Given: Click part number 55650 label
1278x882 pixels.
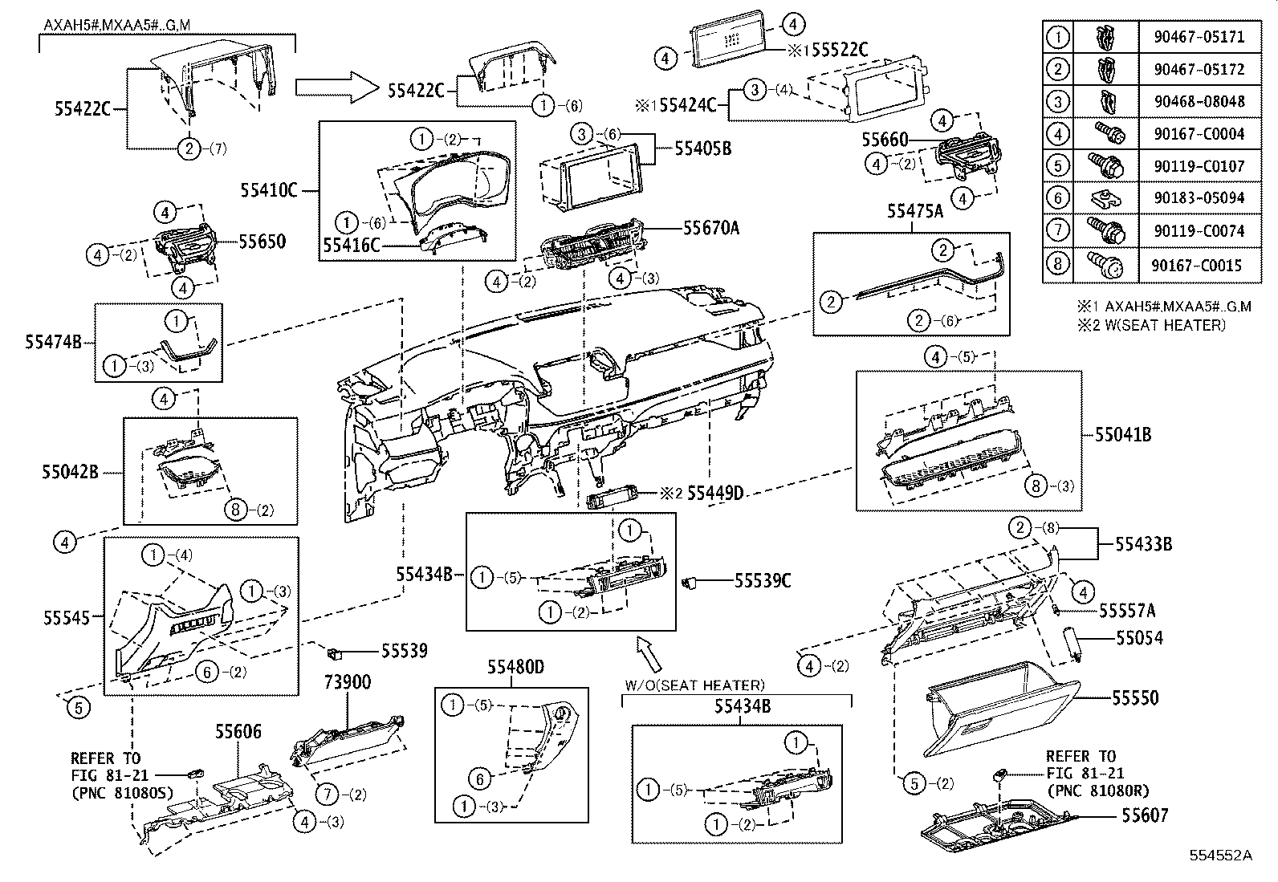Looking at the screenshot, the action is click(x=262, y=241).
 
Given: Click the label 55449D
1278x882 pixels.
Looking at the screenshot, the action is click(x=715, y=493).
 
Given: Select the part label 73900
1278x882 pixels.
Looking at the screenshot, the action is click(x=347, y=682).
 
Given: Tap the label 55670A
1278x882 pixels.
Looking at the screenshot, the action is click(x=710, y=228).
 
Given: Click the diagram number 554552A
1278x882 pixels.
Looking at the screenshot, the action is click(x=1221, y=855).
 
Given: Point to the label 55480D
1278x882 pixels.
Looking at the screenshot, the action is click(x=515, y=667).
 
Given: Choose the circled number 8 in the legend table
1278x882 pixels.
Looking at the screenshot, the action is click(x=1058, y=264).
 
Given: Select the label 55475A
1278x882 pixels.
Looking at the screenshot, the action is click(x=914, y=212).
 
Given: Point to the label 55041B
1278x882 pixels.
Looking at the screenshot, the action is click(x=1122, y=434).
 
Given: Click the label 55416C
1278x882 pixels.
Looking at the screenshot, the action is click(x=351, y=245).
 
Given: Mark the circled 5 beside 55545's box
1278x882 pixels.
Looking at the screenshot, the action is click(x=78, y=707).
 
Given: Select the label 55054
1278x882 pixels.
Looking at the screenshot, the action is click(x=1138, y=638).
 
